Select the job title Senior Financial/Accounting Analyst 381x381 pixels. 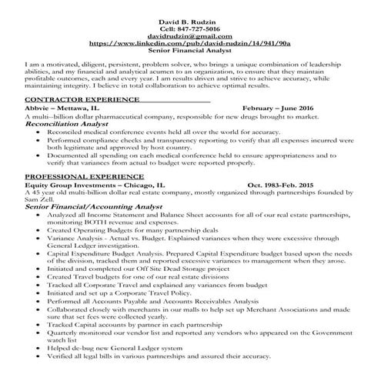pos(100,208)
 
